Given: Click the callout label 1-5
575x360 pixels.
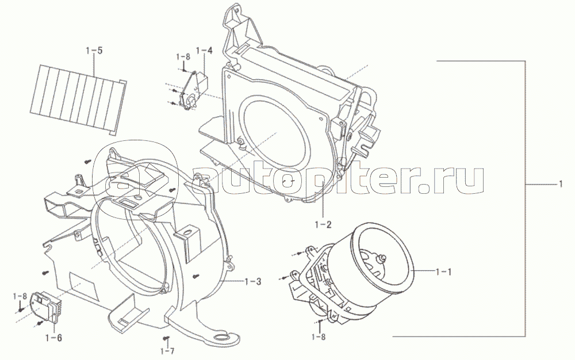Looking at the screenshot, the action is pos(94,51).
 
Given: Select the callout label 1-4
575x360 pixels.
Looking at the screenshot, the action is pos(204,51).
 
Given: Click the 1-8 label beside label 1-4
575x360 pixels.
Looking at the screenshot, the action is pos(183,57).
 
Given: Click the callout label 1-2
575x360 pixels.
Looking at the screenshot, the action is pos(323,224).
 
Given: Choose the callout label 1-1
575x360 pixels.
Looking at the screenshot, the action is pos(443,271).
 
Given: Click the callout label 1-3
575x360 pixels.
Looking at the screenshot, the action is pos(253,282).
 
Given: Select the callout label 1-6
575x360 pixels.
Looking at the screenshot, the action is pos(53,338).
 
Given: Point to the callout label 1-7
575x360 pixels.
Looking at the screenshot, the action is pos(167,351).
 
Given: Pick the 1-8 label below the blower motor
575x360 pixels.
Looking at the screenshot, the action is pos(318,336).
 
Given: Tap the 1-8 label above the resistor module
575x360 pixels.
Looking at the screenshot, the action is pos(20,296).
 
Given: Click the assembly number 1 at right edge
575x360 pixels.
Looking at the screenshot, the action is pos(560,183).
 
